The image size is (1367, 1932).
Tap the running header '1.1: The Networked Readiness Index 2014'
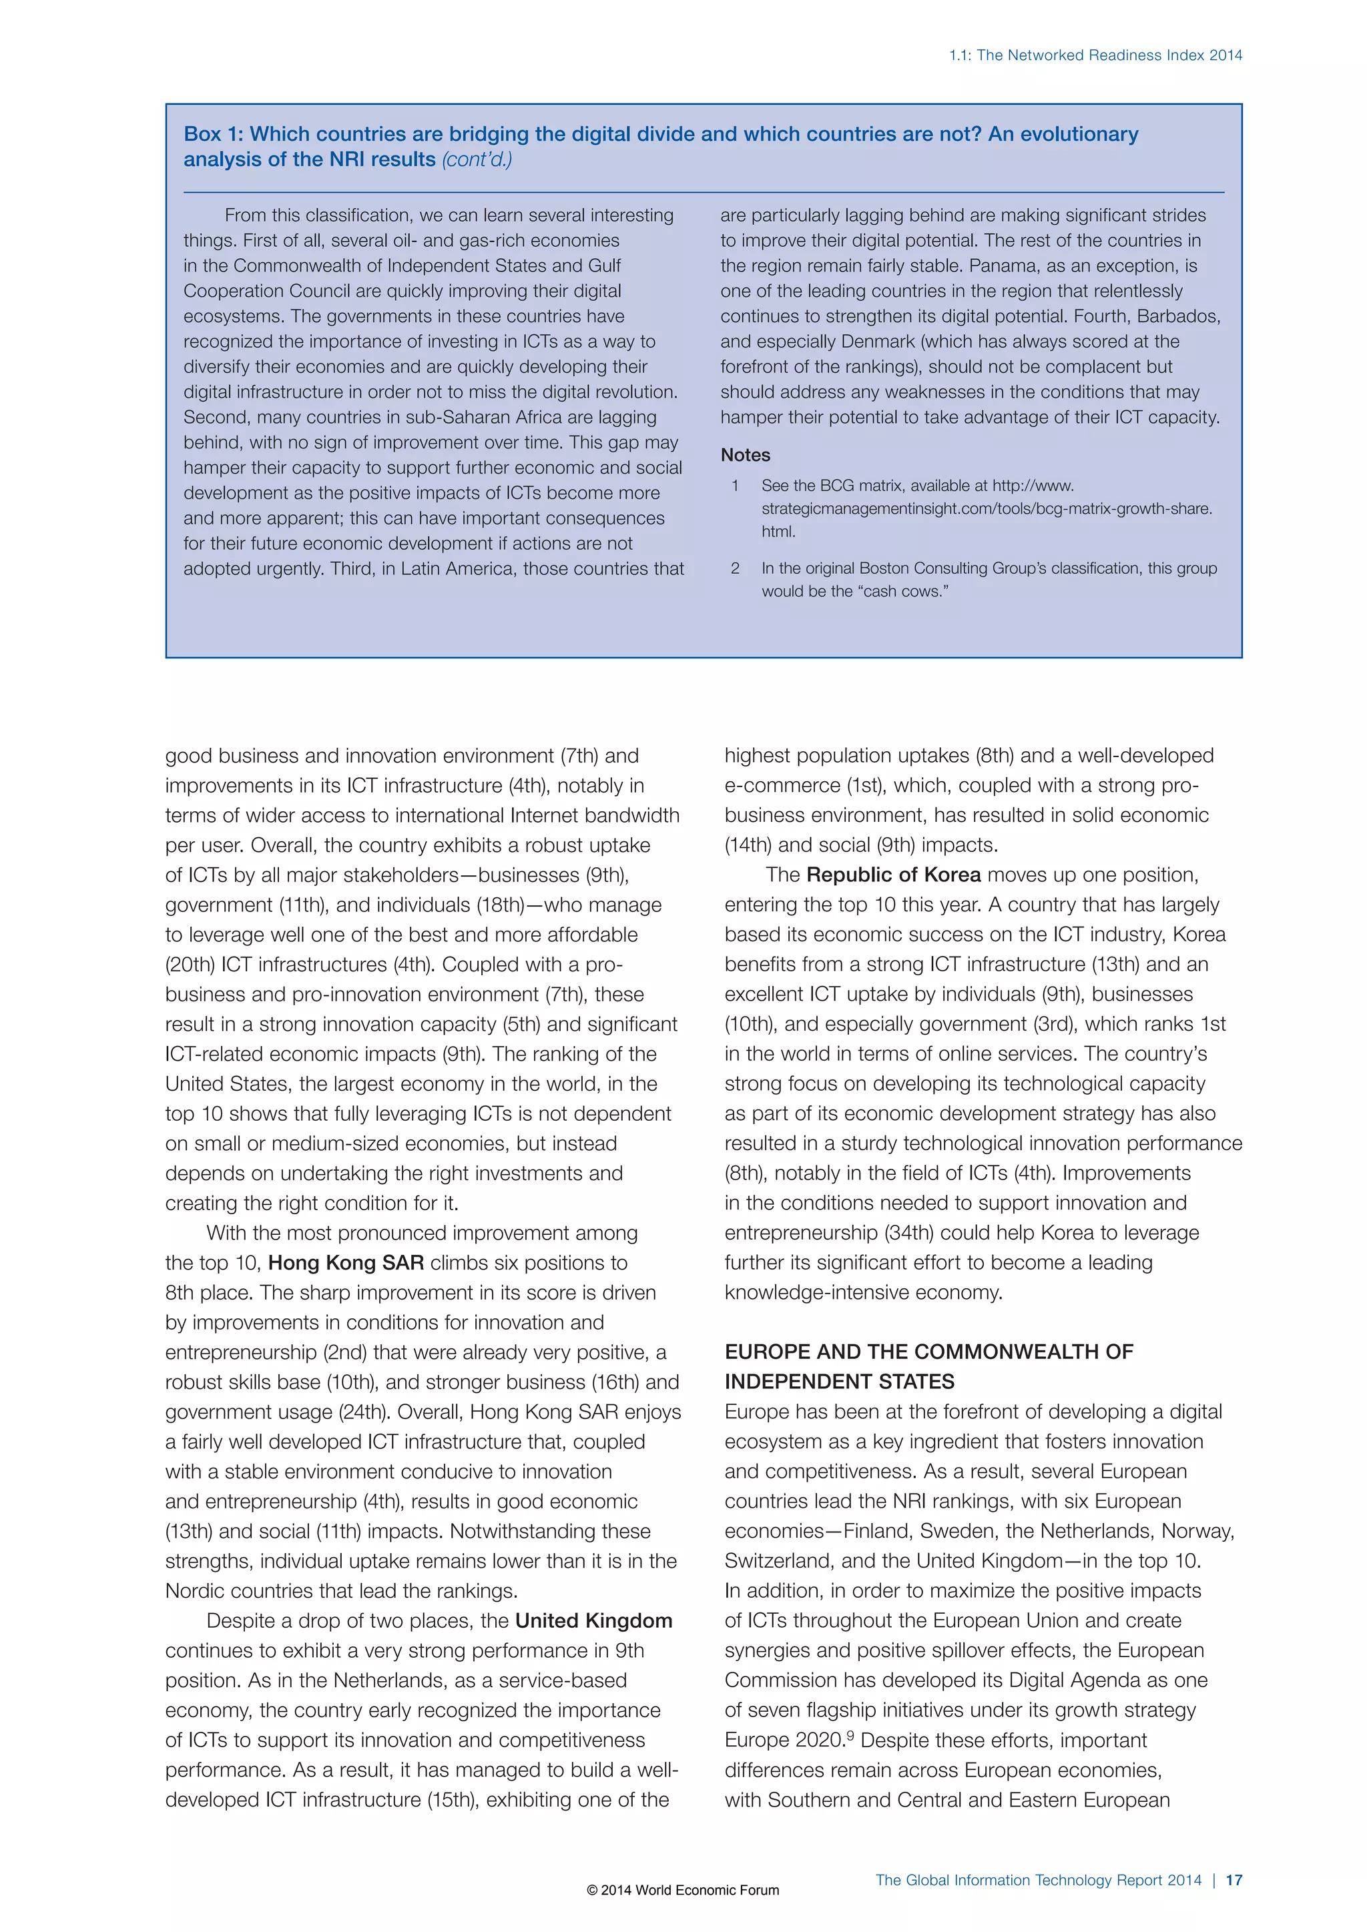pos(1095,55)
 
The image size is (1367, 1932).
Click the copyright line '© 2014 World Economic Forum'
pos(683,1890)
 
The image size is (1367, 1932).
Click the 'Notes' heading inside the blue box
pos(745,455)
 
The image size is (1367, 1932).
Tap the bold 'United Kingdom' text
pos(593,1620)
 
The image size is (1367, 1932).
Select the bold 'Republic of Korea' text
pos(893,875)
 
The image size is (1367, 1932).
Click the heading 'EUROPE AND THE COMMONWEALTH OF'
pos(928,1352)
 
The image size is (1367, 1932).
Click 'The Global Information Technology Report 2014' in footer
pos(1038,1880)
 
